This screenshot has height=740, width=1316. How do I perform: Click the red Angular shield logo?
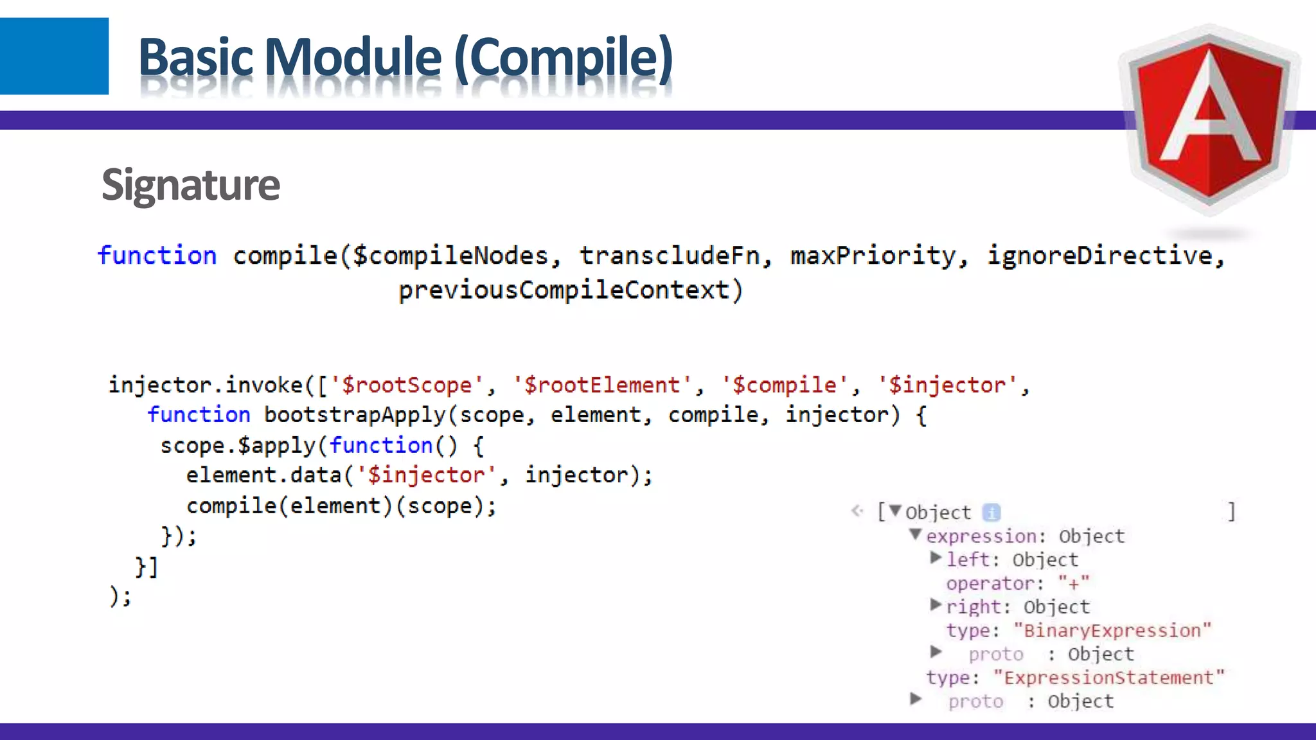pyautogui.click(x=1209, y=119)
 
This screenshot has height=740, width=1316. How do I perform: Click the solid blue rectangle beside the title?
pyautogui.click(x=54, y=56)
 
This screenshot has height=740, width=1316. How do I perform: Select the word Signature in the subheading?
pyautogui.click(x=190, y=185)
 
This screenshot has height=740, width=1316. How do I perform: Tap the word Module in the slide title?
pyautogui.click(x=353, y=58)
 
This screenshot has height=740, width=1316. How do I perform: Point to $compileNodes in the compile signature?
pyautogui.click(x=450, y=256)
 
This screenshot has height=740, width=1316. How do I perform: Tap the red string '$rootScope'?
pyautogui.click(x=406, y=385)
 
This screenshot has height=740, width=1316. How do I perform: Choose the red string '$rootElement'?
pyautogui.click(x=601, y=385)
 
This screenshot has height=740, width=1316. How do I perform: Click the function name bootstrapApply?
pyautogui.click(x=355, y=415)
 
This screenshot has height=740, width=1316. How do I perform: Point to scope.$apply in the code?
pyautogui.click(x=237, y=445)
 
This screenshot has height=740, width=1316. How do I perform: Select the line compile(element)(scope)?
pyautogui.click(x=341, y=506)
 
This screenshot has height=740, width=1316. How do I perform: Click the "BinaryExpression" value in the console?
pyautogui.click(x=1112, y=631)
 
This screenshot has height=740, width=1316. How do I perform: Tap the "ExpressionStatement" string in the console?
pyautogui.click(x=1108, y=678)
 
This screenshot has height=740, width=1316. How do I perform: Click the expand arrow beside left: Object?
pyautogui.click(x=936, y=558)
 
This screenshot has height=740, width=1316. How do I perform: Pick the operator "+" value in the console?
pyautogui.click(x=1074, y=584)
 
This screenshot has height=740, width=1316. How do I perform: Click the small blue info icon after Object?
pyautogui.click(x=991, y=512)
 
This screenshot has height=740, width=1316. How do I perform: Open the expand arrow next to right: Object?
pyautogui.click(x=936, y=605)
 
